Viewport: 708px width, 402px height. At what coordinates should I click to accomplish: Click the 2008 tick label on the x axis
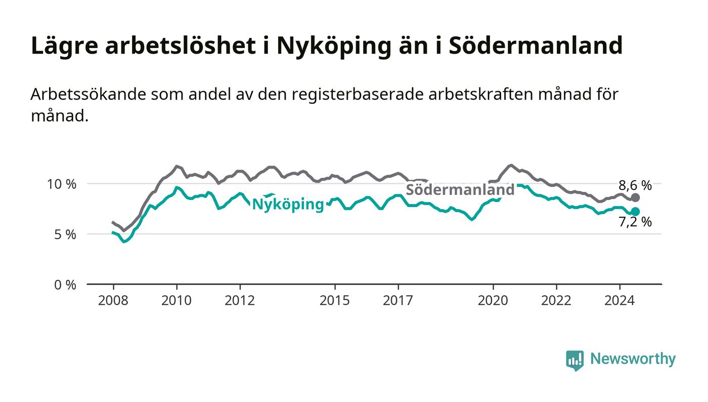pyautogui.click(x=113, y=300)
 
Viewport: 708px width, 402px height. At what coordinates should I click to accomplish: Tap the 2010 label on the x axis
pyautogui.click(x=176, y=300)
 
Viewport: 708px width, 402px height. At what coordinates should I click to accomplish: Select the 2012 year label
pyautogui.click(x=240, y=300)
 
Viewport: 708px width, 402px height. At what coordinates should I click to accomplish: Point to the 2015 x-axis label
pyautogui.click(x=335, y=300)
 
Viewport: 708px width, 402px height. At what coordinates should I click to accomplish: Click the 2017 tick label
pyautogui.click(x=398, y=300)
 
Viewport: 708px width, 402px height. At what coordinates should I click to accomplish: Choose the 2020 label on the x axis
pyautogui.click(x=493, y=300)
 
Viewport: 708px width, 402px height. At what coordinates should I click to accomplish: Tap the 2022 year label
pyautogui.click(x=556, y=300)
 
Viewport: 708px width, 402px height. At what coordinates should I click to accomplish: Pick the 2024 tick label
pyautogui.click(x=619, y=300)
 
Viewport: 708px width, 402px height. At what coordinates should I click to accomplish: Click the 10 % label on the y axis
pyautogui.click(x=62, y=184)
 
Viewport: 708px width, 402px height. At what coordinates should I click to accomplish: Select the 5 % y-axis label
pyautogui.click(x=65, y=235)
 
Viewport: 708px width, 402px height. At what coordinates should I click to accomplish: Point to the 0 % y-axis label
pyautogui.click(x=65, y=285)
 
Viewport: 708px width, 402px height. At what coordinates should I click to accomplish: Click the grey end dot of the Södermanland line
pyautogui.click(x=635, y=197)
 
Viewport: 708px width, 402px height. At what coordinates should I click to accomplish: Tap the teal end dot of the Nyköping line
pyautogui.click(x=635, y=212)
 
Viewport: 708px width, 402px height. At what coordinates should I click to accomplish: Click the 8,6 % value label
pyautogui.click(x=635, y=185)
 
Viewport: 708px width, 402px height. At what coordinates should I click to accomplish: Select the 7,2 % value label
pyautogui.click(x=635, y=222)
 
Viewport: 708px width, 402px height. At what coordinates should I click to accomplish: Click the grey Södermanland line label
pyautogui.click(x=460, y=190)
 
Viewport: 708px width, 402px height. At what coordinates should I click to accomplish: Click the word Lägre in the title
pyautogui.click(x=65, y=47)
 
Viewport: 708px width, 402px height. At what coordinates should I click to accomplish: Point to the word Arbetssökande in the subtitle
pyautogui.click(x=88, y=94)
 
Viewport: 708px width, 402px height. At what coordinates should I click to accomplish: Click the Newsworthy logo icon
pyautogui.click(x=574, y=360)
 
